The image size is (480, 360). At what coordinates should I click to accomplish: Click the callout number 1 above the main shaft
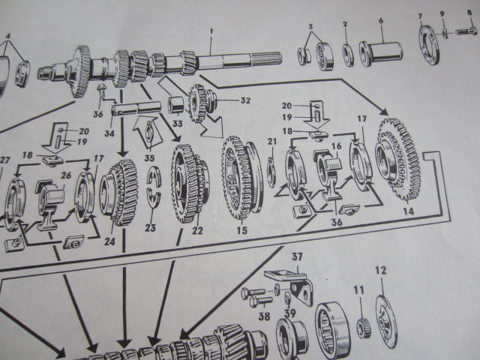(x=211, y=31)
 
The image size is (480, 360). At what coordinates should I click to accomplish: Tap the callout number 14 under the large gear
(x=408, y=211)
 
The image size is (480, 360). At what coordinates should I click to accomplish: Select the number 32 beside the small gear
(x=245, y=100)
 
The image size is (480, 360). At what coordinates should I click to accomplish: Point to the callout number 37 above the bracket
(x=297, y=256)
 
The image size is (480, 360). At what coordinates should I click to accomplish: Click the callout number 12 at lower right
(x=381, y=270)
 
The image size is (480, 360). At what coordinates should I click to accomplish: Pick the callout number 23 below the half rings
(x=150, y=227)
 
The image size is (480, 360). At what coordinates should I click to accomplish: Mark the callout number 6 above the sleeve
(x=381, y=21)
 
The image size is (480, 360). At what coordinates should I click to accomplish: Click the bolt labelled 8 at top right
(x=466, y=31)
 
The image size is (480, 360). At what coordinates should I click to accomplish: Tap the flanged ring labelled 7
(x=429, y=45)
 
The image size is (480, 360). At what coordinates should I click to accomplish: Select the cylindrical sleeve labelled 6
(x=380, y=53)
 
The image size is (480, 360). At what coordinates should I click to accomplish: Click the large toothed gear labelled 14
(x=397, y=160)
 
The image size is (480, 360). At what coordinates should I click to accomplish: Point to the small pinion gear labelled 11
(x=364, y=328)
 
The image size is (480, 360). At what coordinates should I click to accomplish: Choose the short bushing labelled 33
(x=175, y=106)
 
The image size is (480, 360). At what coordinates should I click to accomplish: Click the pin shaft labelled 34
(x=136, y=109)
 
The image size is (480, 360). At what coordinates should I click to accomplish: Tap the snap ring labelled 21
(x=271, y=172)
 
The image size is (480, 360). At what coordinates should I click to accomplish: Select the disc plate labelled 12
(x=386, y=322)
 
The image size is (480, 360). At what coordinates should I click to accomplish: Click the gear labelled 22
(x=190, y=183)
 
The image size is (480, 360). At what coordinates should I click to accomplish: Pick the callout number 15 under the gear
(x=241, y=230)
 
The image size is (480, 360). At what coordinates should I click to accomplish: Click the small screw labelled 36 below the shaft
(x=101, y=91)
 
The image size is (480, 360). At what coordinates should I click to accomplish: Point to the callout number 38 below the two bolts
(x=264, y=316)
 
